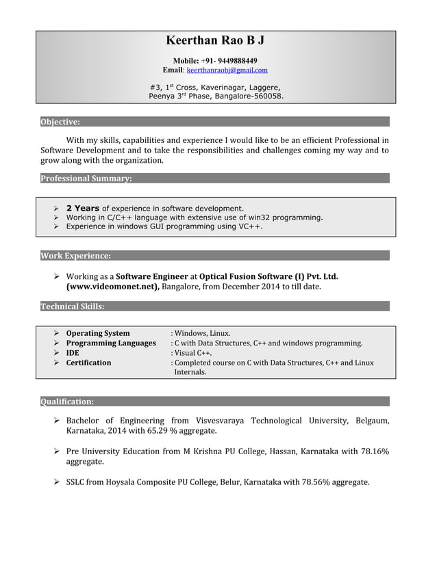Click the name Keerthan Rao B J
[x=215, y=41]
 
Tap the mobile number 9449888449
[x=235, y=60]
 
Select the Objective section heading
[x=60, y=122]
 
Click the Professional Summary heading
[x=86, y=179]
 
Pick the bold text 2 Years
[x=83, y=208]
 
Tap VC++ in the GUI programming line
[x=250, y=226]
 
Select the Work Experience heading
[x=75, y=256]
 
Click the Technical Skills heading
[x=73, y=306]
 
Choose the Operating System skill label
[x=98, y=333]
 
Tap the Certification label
[x=88, y=363]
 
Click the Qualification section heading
[x=67, y=402]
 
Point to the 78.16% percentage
[x=375, y=451]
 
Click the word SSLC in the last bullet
[x=75, y=482]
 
